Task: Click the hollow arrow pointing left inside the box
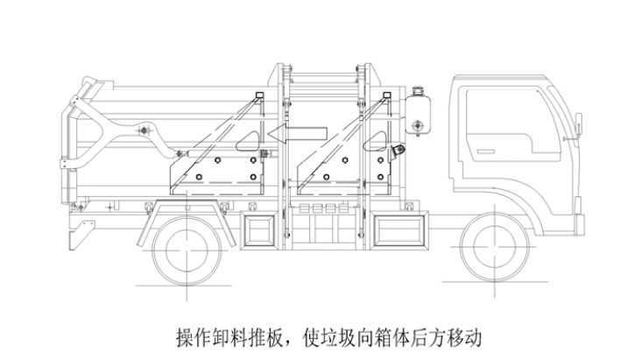(298, 134)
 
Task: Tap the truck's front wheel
(495, 247)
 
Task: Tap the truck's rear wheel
(187, 251)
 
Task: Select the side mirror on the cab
(579, 124)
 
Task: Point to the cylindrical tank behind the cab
(418, 113)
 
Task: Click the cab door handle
(485, 152)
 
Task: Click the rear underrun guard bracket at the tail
(81, 234)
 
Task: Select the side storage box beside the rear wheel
(259, 229)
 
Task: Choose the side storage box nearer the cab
(399, 229)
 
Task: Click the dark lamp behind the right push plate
(398, 150)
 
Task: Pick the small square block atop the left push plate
(259, 95)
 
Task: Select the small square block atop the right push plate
(387, 95)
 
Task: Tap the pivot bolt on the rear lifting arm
(143, 131)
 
